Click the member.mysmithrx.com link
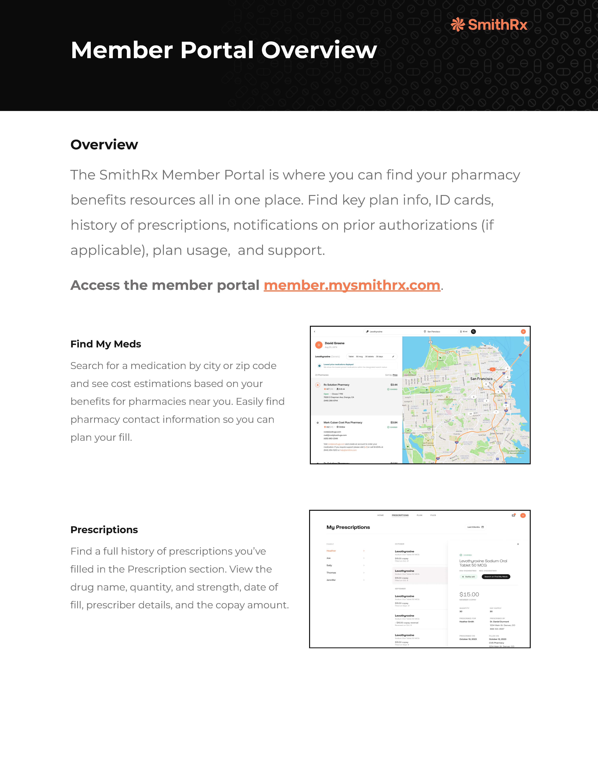click(x=352, y=285)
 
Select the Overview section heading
click(x=104, y=145)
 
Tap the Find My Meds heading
click(x=106, y=344)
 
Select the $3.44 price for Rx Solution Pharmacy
click(x=394, y=385)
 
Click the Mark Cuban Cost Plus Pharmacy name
click(x=343, y=423)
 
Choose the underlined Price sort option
click(x=395, y=375)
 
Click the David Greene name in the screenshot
click(x=335, y=343)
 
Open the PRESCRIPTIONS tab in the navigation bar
click(x=400, y=515)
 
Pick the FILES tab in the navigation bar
click(x=433, y=515)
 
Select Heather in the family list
click(x=331, y=551)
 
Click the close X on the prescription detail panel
click(x=518, y=544)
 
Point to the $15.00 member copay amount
click(x=469, y=594)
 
